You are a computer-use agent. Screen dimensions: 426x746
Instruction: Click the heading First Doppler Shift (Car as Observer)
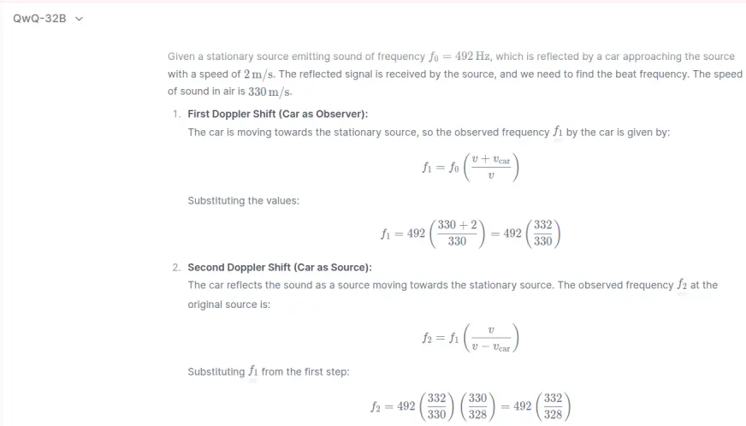pyautogui.click(x=277, y=114)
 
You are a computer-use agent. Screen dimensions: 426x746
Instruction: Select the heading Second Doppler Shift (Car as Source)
pyautogui.click(x=279, y=267)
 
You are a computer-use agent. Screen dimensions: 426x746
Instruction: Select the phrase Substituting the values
pyautogui.click(x=243, y=201)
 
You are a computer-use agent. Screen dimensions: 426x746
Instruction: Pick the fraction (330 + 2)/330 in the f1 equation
pyautogui.click(x=458, y=233)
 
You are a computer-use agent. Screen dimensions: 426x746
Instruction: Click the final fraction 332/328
pyautogui.click(x=553, y=405)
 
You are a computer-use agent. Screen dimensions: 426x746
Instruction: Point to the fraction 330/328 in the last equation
pyautogui.click(x=477, y=405)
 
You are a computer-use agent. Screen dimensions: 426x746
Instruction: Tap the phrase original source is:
pyautogui.click(x=228, y=304)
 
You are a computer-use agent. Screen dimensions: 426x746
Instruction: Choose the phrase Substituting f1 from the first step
pyautogui.click(x=268, y=372)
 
